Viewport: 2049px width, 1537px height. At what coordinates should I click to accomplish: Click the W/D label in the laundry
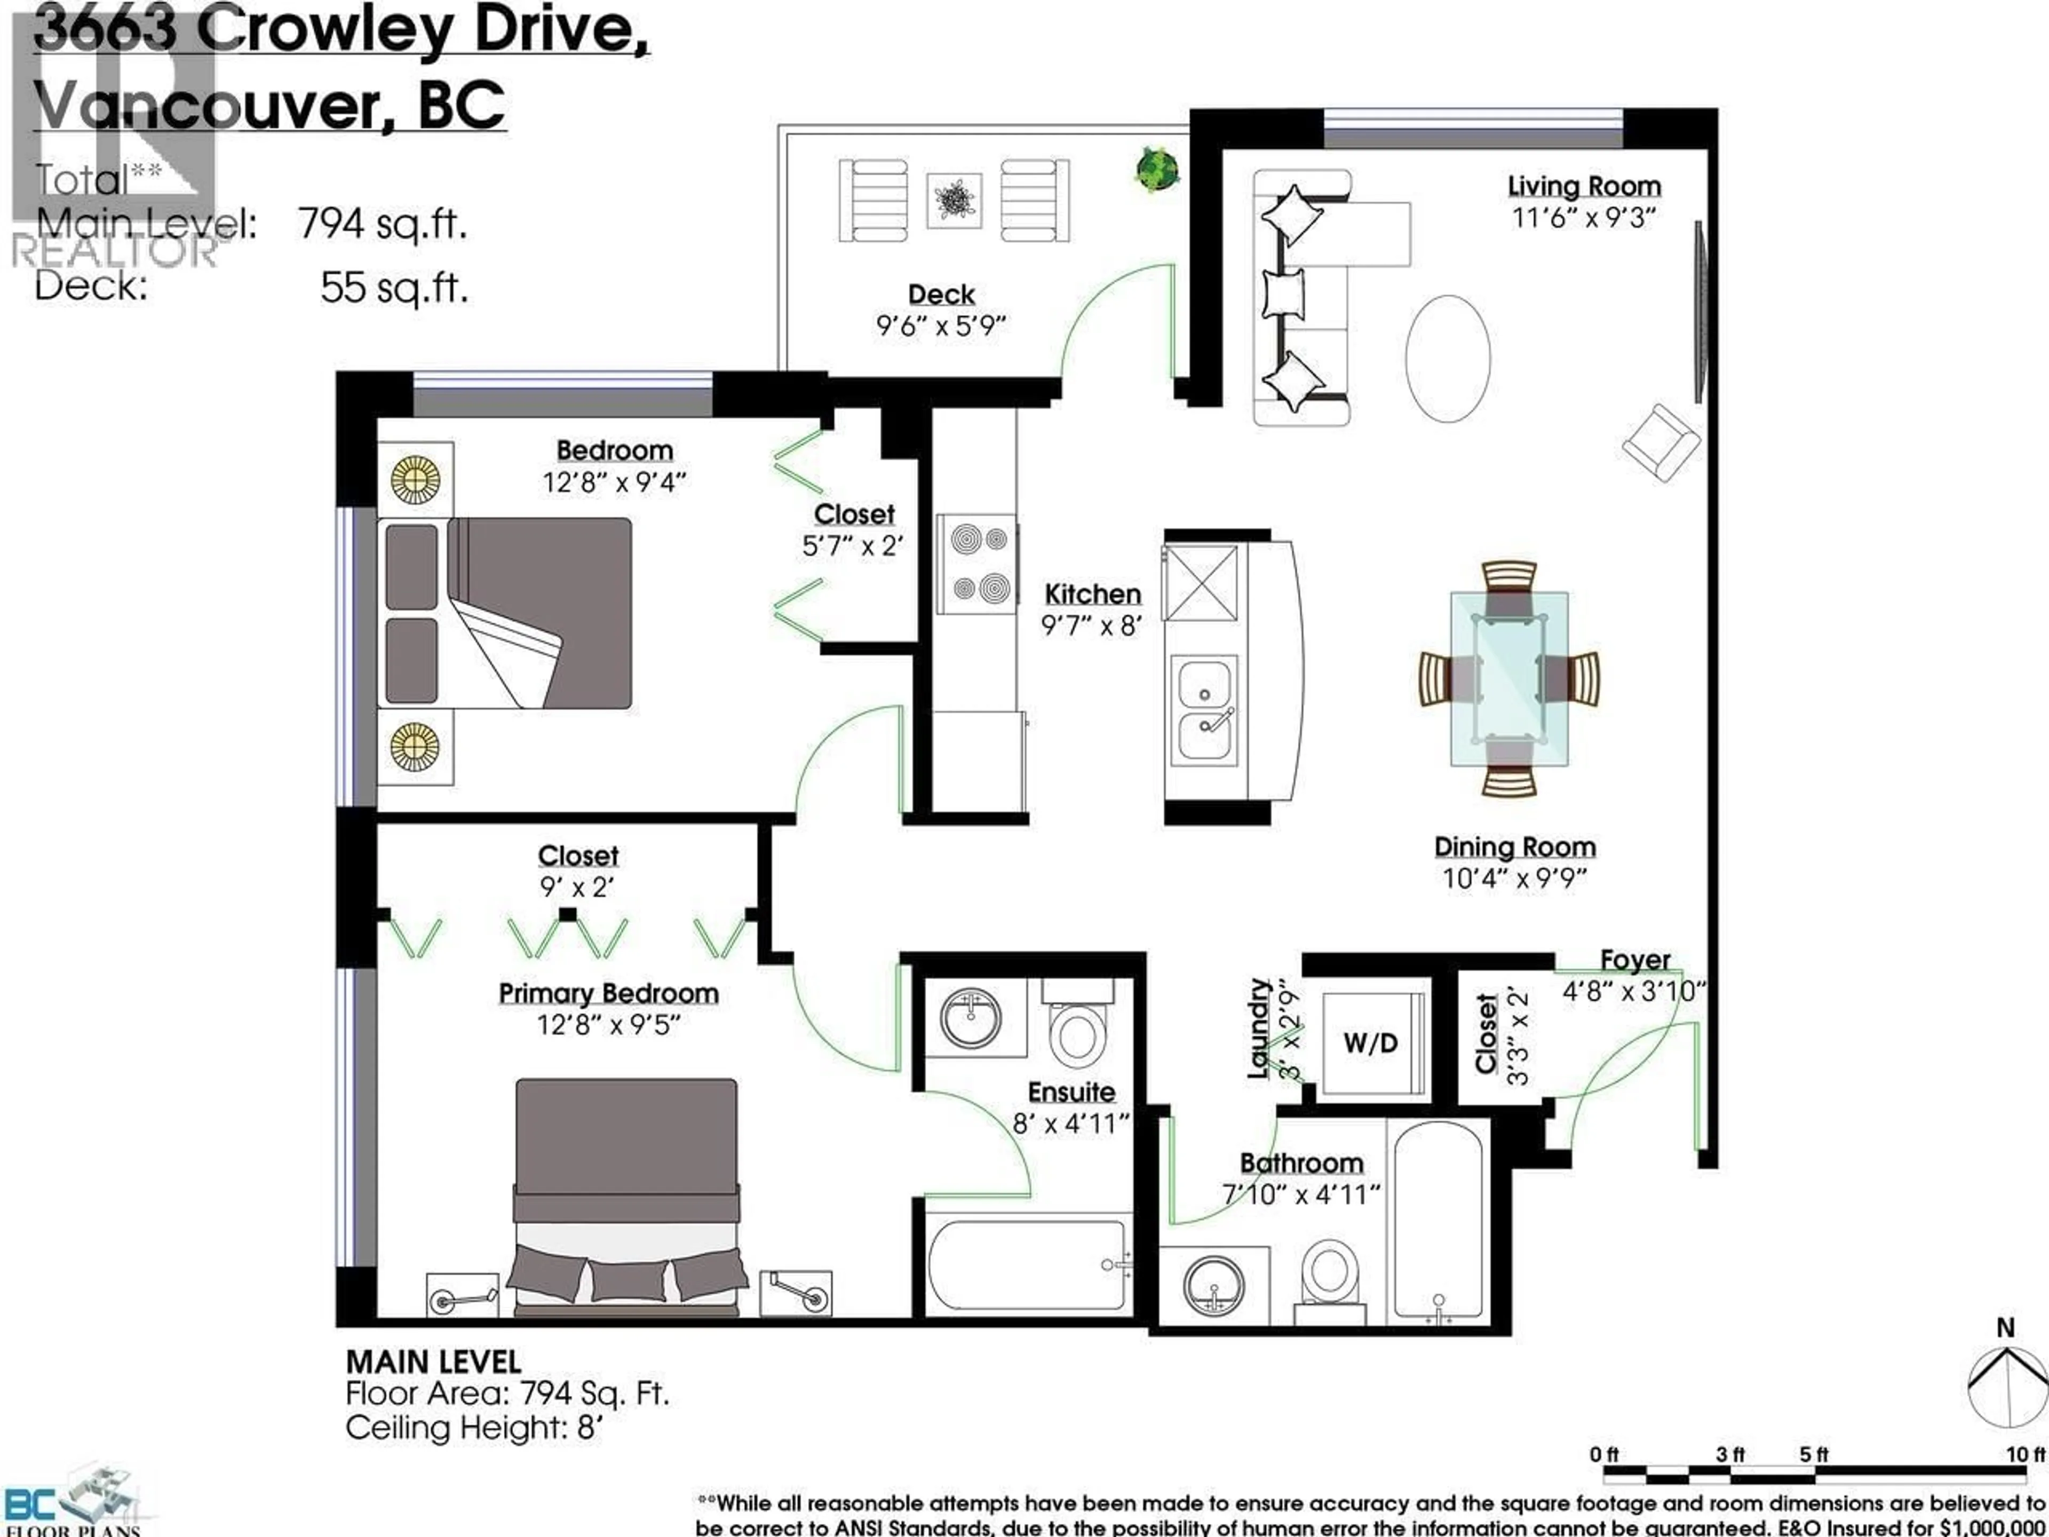pyautogui.click(x=1370, y=1043)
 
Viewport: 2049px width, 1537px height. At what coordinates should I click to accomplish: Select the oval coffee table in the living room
pyautogui.click(x=1447, y=359)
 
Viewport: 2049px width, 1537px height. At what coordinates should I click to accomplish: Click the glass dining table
pyautogui.click(x=1509, y=679)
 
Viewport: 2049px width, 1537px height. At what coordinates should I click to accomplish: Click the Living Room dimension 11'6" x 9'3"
pyautogui.click(x=1583, y=219)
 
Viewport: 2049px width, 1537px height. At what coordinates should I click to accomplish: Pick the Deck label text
pyautogui.click(x=941, y=295)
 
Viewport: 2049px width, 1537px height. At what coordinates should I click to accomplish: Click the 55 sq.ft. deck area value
pyautogui.click(x=394, y=288)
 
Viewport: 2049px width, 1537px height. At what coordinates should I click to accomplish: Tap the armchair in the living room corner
pyautogui.click(x=1661, y=443)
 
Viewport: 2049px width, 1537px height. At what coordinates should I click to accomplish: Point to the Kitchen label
pyautogui.click(x=1092, y=594)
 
